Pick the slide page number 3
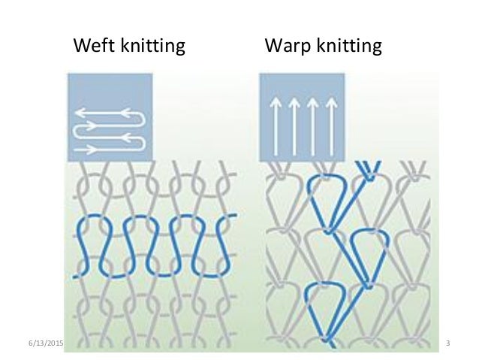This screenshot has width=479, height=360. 447,343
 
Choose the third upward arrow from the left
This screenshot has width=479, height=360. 310,120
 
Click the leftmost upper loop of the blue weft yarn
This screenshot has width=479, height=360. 89,224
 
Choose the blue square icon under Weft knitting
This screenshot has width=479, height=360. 110,116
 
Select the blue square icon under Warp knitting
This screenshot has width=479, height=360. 301,116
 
